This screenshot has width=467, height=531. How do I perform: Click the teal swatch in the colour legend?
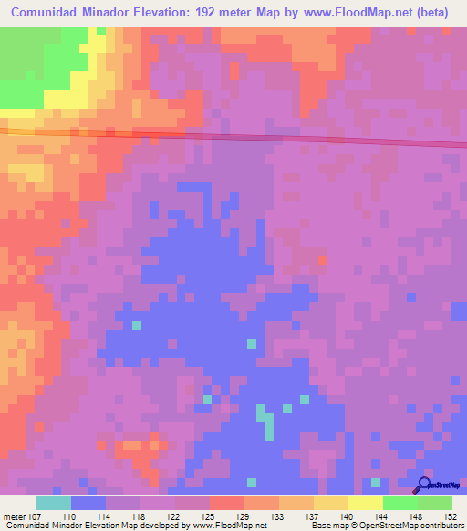click(54, 502)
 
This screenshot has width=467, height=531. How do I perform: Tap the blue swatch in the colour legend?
click(88, 502)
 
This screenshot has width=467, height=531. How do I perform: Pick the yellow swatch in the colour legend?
click(365, 502)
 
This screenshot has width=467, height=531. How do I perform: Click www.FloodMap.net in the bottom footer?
click(230, 526)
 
